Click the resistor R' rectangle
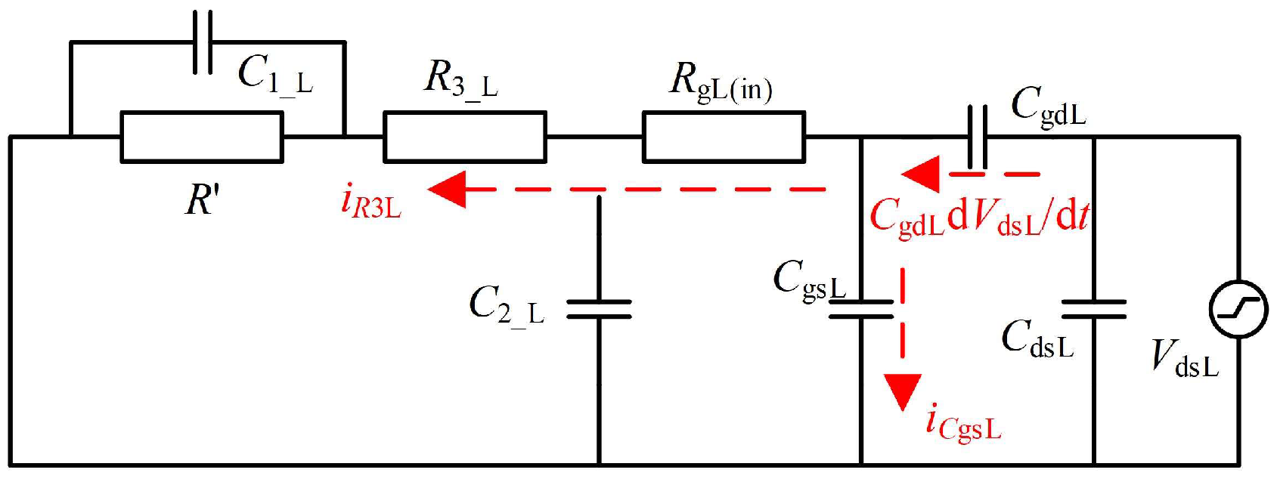[x=202, y=137]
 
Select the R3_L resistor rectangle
[x=464, y=137]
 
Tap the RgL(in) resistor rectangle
[x=724, y=137]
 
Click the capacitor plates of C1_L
[x=203, y=42]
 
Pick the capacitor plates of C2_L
[x=599, y=309]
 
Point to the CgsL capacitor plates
[x=861, y=309]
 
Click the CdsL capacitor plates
[x=1093, y=309]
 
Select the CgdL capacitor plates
[x=977, y=136]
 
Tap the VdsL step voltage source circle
[x=1238, y=309]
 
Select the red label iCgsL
[x=963, y=423]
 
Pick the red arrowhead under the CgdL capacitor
[x=921, y=175]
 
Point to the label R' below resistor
[x=203, y=201]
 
